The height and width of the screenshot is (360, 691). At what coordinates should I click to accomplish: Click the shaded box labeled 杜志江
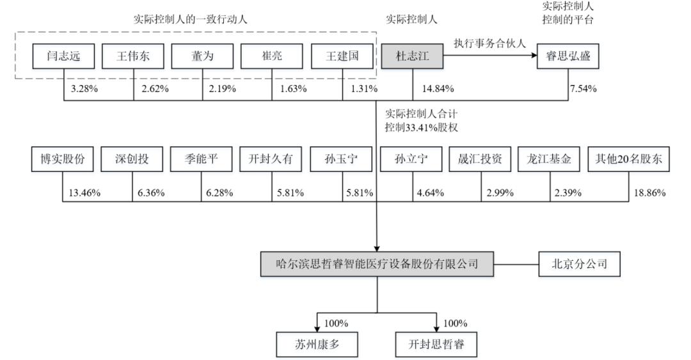(x=412, y=56)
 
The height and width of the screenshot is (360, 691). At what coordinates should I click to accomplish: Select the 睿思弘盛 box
(x=568, y=56)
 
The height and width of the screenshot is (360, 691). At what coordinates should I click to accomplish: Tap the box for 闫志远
(x=63, y=56)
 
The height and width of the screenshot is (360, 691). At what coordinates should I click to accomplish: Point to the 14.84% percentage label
(x=438, y=89)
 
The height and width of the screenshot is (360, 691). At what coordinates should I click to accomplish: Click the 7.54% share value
(x=583, y=89)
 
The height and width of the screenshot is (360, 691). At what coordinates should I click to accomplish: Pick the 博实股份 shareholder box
(x=63, y=159)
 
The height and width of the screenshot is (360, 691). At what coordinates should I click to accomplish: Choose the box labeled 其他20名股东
(x=628, y=159)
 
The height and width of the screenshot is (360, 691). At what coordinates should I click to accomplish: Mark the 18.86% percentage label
(x=649, y=192)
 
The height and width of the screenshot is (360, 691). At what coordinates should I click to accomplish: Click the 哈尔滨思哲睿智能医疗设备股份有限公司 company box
(x=377, y=264)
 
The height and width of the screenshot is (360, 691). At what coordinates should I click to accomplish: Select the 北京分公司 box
(x=579, y=264)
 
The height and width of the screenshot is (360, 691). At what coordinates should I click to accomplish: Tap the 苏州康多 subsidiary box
(x=317, y=344)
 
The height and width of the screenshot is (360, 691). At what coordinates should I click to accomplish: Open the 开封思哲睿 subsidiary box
(x=436, y=344)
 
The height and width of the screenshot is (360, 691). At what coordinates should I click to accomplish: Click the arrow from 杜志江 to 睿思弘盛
(x=490, y=56)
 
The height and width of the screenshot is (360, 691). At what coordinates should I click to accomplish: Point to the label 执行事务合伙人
(x=489, y=43)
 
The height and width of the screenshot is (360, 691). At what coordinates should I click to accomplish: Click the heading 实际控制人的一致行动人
(x=191, y=19)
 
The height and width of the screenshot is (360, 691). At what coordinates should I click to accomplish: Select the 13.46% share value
(x=84, y=192)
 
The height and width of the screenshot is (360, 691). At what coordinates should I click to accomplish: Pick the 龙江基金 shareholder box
(x=549, y=159)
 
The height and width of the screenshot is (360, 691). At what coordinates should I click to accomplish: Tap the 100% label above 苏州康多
(x=336, y=324)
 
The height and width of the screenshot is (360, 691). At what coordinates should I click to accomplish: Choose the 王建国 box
(x=342, y=56)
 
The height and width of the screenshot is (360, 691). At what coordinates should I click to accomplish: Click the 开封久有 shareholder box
(x=271, y=159)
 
